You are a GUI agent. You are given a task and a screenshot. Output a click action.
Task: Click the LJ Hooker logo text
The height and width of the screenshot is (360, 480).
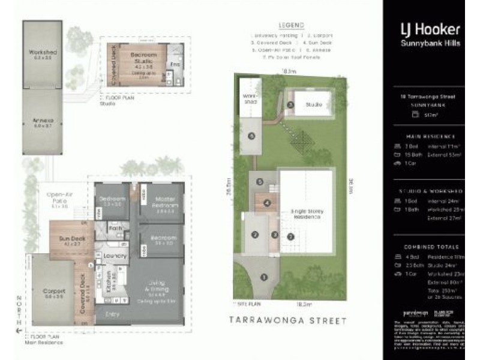[x=430, y=29]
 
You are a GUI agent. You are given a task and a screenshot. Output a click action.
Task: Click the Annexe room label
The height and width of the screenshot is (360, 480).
[x=43, y=122]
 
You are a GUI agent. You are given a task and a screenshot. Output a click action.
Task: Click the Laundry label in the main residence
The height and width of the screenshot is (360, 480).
[x=115, y=256]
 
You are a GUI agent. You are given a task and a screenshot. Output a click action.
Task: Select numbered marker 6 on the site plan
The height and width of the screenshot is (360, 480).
[x=251, y=136]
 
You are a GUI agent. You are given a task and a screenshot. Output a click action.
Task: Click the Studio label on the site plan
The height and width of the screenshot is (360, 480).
[x=314, y=104]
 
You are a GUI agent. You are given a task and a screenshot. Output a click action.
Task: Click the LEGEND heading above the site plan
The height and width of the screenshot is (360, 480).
[x=291, y=26]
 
